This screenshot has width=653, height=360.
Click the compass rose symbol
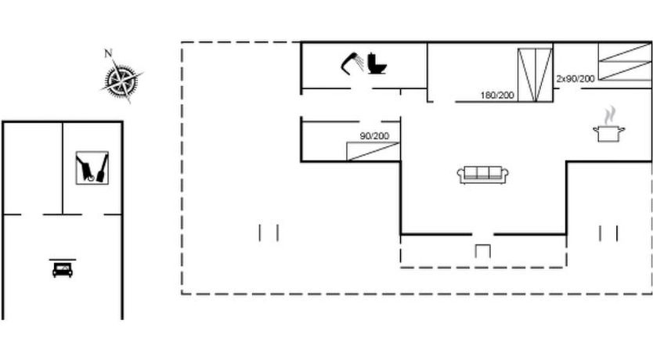[121, 79]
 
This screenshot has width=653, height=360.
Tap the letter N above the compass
[108, 53]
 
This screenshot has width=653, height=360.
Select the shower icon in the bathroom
[352, 63]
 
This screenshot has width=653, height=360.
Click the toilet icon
[377, 63]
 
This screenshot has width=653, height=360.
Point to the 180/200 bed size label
[497, 95]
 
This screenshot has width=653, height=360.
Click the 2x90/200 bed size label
[575, 79]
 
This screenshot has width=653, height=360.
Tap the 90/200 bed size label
[374, 136]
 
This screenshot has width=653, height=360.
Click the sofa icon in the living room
[482, 175]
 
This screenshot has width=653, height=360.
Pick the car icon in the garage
[63, 270]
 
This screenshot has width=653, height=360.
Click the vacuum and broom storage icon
[92, 167]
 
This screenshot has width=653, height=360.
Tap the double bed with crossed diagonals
[535, 75]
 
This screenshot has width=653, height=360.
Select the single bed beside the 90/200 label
[373, 152]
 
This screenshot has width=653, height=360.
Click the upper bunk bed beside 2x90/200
[625, 52]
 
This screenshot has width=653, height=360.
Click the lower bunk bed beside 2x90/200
[625, 70]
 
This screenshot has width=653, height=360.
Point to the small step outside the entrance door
[482, 251]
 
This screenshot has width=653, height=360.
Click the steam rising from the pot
[609, 115]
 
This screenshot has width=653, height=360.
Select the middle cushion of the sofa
[482, 172]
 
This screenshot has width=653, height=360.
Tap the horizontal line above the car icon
[63, 259]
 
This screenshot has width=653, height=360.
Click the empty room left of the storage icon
[33, 168]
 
